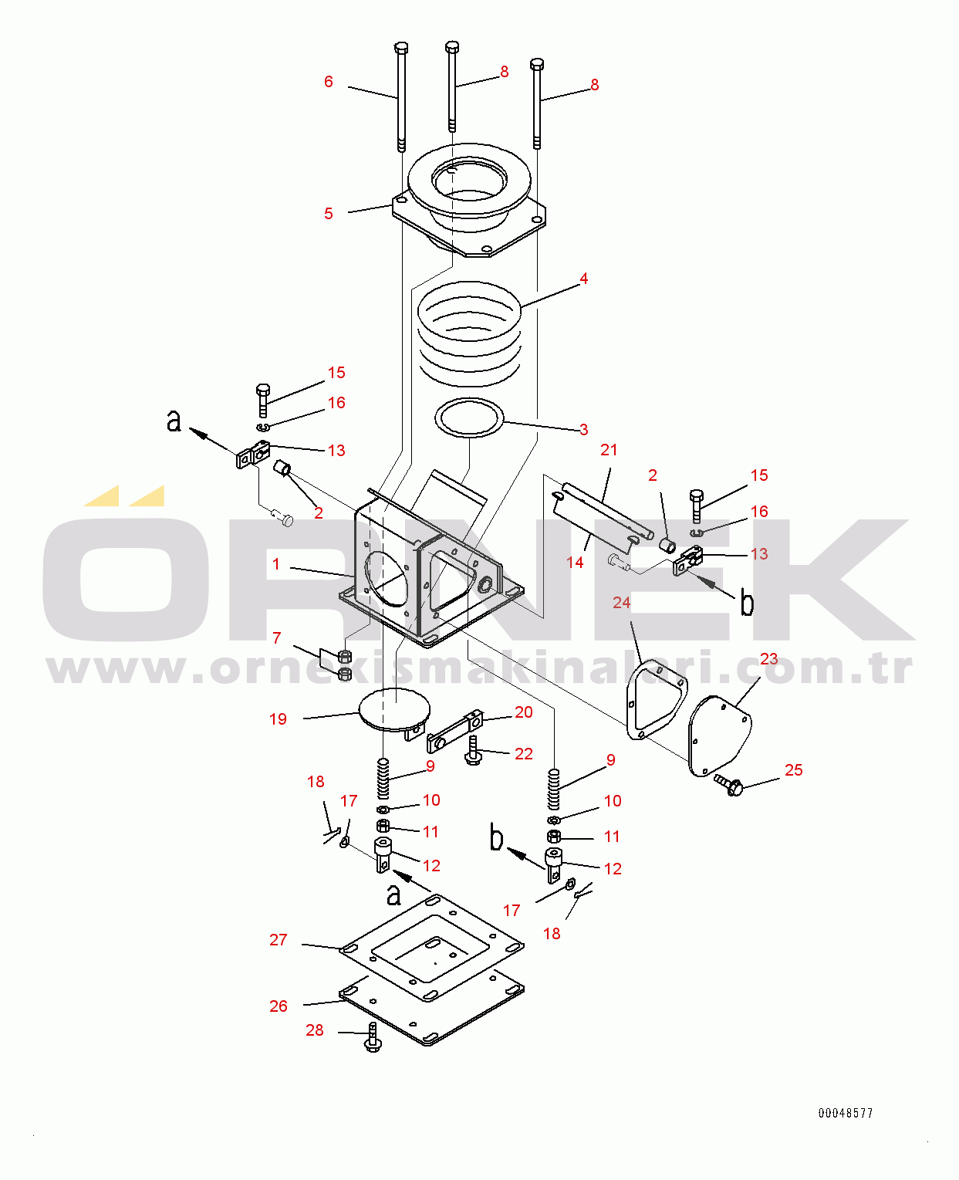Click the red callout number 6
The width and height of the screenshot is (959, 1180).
coord(329,82)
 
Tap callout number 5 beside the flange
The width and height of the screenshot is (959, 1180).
coord(329,213)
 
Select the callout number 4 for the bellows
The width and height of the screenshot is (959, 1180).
coord(583,278)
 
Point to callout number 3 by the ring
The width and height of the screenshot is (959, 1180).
coord(583,429)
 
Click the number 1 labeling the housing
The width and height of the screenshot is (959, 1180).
coord(276,564)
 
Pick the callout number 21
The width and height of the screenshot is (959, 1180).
coord(609,450)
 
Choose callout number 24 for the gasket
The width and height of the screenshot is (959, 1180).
coord(621,602)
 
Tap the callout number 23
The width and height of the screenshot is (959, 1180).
coord(768,659)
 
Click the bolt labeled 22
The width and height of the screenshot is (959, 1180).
coord(472,750)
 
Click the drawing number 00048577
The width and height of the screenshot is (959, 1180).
coord(846,1113)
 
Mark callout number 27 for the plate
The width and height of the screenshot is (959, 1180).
coord(278,939)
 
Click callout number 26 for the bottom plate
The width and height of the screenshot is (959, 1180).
coord(278,1006)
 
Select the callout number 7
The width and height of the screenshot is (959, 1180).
coord(277,637)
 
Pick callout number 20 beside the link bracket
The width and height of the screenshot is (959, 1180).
coord(523,712)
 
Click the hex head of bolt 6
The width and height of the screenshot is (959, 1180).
coord(401,47)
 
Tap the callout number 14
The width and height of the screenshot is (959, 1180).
coord(575,563)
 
